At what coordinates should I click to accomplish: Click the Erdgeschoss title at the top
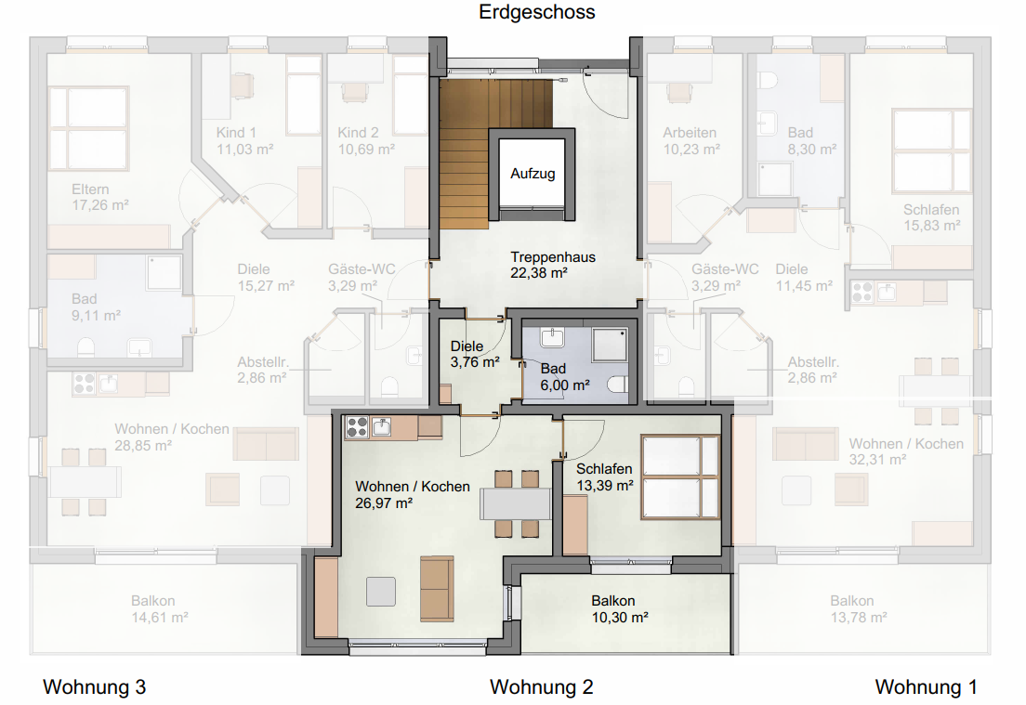[x=537, y=12]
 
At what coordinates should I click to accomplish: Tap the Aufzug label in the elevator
[x=533, y=174]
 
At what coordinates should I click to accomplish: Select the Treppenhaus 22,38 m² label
[x=553, y=265]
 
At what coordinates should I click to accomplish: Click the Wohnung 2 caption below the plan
[x=541, y=687]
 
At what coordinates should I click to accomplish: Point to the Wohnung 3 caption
[x=94, y=687]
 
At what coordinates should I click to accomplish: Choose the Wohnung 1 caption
[x=926, y=687]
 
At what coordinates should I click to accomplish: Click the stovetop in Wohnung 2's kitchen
[x=357, y=427]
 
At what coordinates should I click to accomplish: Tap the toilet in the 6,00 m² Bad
[x=618, y=384]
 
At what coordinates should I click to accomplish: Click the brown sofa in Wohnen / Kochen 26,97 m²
[x=437, y=589]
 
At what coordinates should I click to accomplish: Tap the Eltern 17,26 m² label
[x=99, y=197]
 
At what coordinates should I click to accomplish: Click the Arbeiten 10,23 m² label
[x=691, y=140]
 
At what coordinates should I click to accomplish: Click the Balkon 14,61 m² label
[x=160, y=608]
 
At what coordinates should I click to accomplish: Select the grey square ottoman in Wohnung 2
[x=380, y=590]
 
